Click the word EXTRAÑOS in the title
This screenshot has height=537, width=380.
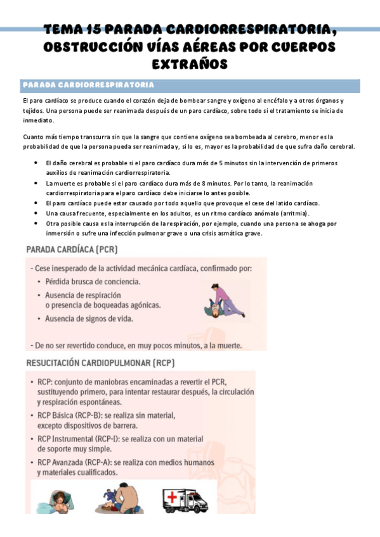pos(190,64)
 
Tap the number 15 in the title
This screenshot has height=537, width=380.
pos(92,30)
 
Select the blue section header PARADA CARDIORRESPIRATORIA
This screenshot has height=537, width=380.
pos(88,85)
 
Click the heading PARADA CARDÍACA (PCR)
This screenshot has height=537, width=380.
pos(71,250)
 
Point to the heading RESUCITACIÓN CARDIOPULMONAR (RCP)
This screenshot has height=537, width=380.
pos(100,363)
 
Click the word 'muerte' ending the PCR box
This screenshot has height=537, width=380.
pos(233,346)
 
